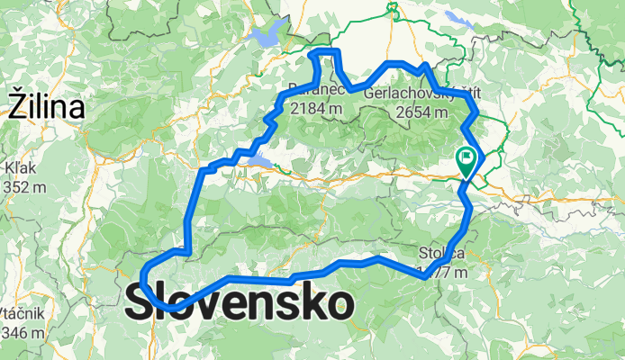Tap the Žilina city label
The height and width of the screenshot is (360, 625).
point(47,108)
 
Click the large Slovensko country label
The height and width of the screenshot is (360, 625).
point(239,303)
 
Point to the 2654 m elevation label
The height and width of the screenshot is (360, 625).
point(421,112)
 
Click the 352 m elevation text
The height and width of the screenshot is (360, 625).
point(24,187)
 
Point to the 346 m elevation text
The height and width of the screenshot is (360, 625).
point(24,333)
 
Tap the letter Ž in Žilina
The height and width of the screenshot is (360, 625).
point(17,107)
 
